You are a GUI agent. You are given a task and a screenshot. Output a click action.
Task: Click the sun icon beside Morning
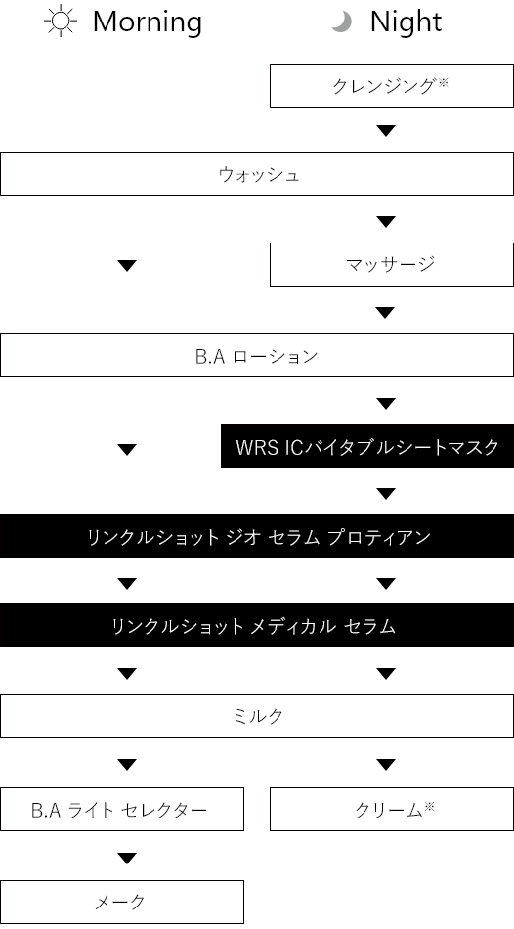[x=61, y=22]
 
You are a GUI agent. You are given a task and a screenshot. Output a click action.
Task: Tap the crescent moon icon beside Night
[x=342, y=22]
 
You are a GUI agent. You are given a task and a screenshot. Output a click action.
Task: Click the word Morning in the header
[x=148, y=22]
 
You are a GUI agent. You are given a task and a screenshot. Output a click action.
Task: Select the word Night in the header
[x=407, y=22]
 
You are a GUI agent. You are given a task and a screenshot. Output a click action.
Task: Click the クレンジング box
[x=392, y=85]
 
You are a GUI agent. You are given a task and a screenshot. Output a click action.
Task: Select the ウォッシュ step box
[x=257, y=174]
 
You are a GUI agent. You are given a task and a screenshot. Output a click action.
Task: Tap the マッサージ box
[x=392, y=264]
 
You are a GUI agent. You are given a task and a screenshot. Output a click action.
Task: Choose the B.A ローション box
[x=257, y=355]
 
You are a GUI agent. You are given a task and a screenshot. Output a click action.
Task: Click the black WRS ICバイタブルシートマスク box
[x=367, y=446]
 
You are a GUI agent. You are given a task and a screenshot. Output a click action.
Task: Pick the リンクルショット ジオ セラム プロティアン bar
[x=257, y=536]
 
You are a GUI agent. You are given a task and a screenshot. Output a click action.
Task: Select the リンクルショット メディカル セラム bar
[x=257, y=625]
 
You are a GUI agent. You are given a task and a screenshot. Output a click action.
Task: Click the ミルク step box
[x=257, y=716]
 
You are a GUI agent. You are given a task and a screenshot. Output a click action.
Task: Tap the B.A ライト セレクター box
[x=122, y=809]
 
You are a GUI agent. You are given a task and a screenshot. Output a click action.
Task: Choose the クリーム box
[x=392, y=809]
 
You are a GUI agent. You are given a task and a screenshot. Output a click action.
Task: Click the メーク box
[x=122, y=902]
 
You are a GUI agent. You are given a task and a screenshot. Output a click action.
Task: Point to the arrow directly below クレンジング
[x=386, y=131]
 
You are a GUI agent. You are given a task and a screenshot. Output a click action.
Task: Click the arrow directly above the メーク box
[x=127, y=858]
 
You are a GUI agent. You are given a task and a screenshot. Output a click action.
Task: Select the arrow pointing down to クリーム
[x=386, y=765]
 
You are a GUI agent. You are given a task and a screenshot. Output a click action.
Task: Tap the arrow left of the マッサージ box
[x=127, y=266]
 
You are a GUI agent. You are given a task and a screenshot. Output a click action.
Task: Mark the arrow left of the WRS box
[x=127, y=450]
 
